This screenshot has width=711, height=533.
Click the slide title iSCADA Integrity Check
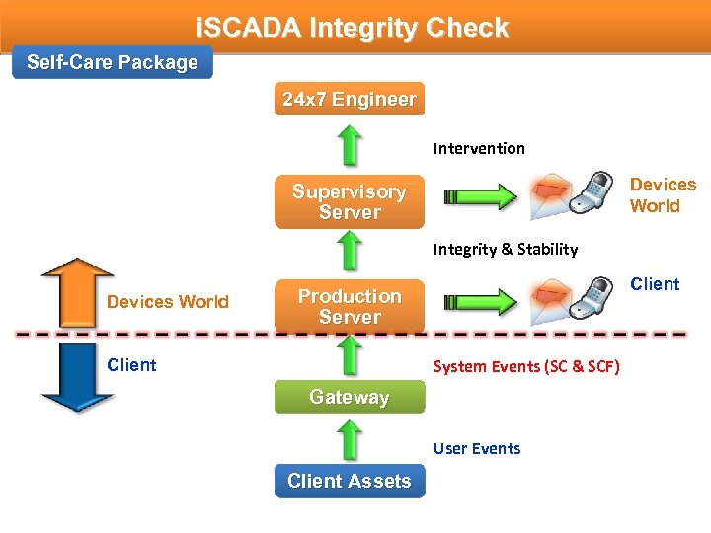(354, 28)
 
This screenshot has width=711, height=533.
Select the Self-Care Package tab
(112, 63)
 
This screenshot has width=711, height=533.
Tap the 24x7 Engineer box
(349, 100)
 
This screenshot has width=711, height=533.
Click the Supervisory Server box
(349, 202)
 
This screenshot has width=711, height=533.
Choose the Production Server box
(349, 307)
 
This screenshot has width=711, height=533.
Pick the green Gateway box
(349, 397)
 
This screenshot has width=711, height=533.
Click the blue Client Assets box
(349, 481)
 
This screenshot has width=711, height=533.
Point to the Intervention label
(479, 149)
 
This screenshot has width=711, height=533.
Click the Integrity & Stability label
(505, 250)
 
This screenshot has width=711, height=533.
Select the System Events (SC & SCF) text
(526, 367)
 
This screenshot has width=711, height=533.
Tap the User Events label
(476, 449)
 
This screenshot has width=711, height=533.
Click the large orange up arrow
(77, 291)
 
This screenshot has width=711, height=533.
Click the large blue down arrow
(77, 376)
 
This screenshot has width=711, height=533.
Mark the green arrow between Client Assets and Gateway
(349, 438)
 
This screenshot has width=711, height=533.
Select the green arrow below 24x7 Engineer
(349, 146)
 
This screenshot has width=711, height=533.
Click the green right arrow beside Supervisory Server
(480, 195)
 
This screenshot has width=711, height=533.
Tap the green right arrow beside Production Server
(480, 300)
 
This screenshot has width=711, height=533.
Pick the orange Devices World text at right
(663, 195)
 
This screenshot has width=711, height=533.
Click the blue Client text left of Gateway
(131, 365)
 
